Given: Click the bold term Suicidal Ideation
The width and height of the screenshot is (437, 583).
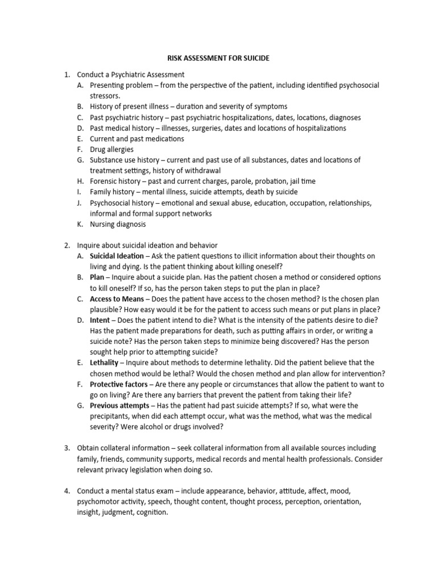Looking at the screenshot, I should pos(117,256).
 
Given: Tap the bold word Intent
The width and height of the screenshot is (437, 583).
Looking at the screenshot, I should pos(100,321).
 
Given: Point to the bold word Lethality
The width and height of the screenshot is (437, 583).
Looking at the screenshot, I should pos(104,363).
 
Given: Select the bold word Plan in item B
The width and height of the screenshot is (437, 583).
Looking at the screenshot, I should pos(97,277).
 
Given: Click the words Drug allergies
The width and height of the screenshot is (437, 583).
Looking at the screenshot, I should pos(112,149).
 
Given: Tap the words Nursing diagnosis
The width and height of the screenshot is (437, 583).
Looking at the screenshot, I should pos(118,224).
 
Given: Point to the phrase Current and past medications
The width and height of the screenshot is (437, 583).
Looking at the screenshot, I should pos(137,138).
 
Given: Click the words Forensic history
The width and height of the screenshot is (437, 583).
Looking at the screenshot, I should pos(116,181).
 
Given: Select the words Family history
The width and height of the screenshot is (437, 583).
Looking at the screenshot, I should pos(112,192).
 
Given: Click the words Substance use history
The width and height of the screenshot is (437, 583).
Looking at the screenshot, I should pos(126,160).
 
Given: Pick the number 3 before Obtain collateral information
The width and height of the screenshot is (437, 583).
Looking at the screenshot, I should pos(67,449).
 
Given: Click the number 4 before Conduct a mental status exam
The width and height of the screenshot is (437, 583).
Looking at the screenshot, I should pos(67,491).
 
